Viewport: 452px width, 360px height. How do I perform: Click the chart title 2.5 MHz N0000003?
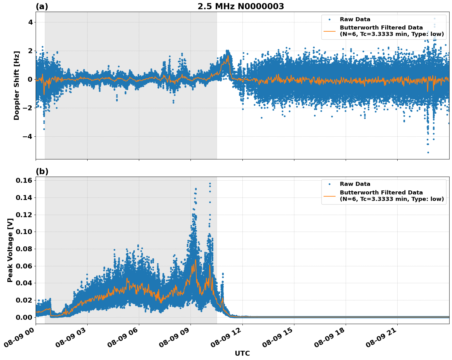point(241,6)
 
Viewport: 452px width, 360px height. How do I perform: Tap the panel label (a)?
point(42,6)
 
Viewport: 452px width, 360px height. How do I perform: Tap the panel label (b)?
point(42,171)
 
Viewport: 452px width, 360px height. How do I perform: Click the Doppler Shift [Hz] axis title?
point(17,85)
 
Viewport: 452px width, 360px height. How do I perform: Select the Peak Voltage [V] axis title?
point(10,250)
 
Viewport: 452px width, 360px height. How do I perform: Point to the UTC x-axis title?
point(242,353)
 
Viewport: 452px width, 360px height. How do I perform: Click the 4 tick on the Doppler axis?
point(30,22)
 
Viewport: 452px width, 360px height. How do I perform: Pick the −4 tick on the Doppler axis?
point(28,136)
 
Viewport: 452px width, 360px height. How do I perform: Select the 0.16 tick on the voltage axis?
point(24,180)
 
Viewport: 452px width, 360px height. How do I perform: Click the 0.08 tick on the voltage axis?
point(24,249)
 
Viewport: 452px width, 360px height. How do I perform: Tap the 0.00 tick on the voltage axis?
point(24,317)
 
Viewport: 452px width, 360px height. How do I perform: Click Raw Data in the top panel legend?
point(355,19)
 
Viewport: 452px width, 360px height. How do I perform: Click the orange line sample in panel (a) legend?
point(329,31)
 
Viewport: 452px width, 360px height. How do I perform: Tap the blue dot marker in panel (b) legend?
point(329,184)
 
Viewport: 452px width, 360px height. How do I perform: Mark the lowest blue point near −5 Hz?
point(428,152)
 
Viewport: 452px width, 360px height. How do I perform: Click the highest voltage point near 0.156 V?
point(210,184)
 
